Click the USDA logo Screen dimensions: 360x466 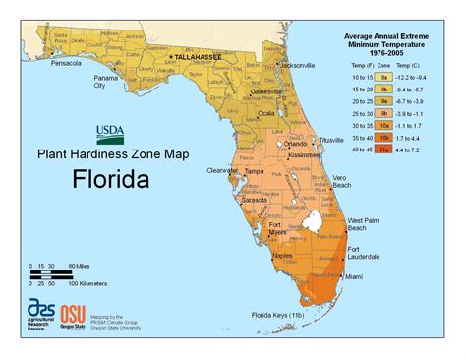(109, 133)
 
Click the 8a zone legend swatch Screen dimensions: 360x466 (386, 75)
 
